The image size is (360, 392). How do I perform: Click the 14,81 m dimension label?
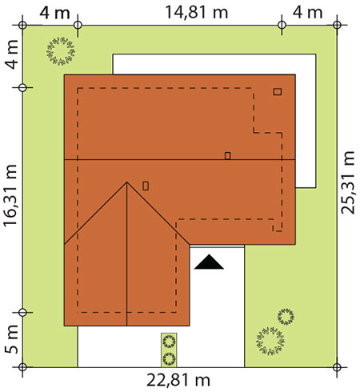tap(197, 12)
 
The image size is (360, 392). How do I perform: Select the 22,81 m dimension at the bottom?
tap(178, 380)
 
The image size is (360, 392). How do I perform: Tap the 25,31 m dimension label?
tap(348, 182)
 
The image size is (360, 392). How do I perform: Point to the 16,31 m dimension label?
tap(10, 196)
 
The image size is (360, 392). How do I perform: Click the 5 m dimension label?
tap(11, 339)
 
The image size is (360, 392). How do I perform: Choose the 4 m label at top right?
tap(307, 12)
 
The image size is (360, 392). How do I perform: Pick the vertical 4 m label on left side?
tap(11, 54)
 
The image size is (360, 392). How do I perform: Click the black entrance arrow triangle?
tap(209, 262)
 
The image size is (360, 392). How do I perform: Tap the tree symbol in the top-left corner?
tap(61, 51)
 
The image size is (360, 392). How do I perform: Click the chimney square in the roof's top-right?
tap(278, 92)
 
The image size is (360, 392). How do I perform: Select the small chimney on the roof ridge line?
tap(227, 156)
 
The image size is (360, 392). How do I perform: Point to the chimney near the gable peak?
tap(146, 186)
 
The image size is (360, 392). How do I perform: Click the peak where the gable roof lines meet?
tap(127, 182)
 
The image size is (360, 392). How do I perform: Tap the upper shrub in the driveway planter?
tap(169, 342)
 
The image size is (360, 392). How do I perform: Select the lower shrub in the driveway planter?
tap(169, 358)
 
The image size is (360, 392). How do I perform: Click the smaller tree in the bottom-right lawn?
tap(286, 317)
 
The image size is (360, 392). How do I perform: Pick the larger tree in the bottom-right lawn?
tap(270, 342)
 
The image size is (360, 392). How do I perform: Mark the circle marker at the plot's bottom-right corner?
tap(337, 367)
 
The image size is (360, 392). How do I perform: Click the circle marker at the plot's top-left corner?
tap(23, 26)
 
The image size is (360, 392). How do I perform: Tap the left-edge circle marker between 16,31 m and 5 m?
tap(23, 312)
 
